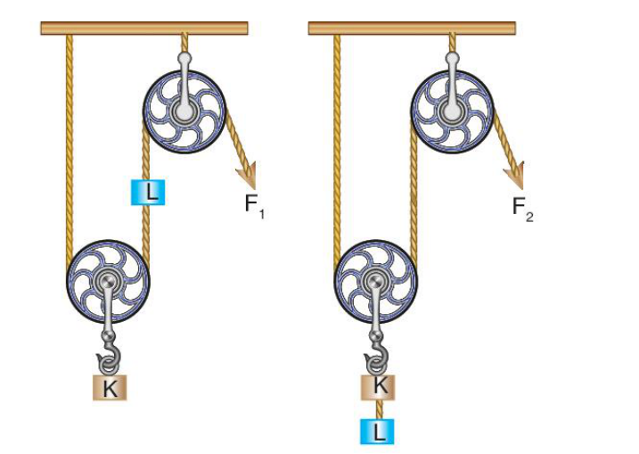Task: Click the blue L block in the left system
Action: pyautogui.click(x=148, y=192)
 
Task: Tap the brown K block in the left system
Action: pyautogui.click(x=110, y=387)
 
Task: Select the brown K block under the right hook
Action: pyautogui.click(x=378, y=387)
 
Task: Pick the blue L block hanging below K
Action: pyautogui.click(x=377, y=432)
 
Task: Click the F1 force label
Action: pyautogui.click(x=255, y=205)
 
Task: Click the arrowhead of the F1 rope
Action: pyautogui.click(x=247, y=176)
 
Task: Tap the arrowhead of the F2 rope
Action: pyautogui.click(x=514, y=176)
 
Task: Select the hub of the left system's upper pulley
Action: pyautogui.click(x=184, y=111)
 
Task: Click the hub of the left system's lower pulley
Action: pyautogui.click(x=108, y=281)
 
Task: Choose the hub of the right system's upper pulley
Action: pyautogui.click(x=452, y=111)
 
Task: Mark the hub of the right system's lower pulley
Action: pyautogui.click(x=375, y=281)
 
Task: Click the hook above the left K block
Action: pyautogui.click(x=109, y=357)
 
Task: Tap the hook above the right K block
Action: pyautogui.click(x=377, y=356)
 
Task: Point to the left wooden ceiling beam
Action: pyautogui.click(x=144, y=29)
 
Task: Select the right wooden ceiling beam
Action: pyautogui.click(x=412, y=29)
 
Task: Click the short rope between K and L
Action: pyautogui.click(x=379, y=409)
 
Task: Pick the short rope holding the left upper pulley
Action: pyautogui.click(x=184, y=43)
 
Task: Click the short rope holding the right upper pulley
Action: pyautogui.click(x=452, y=43)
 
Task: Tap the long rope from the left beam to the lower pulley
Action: pyautogui.click(x=70, y=151)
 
